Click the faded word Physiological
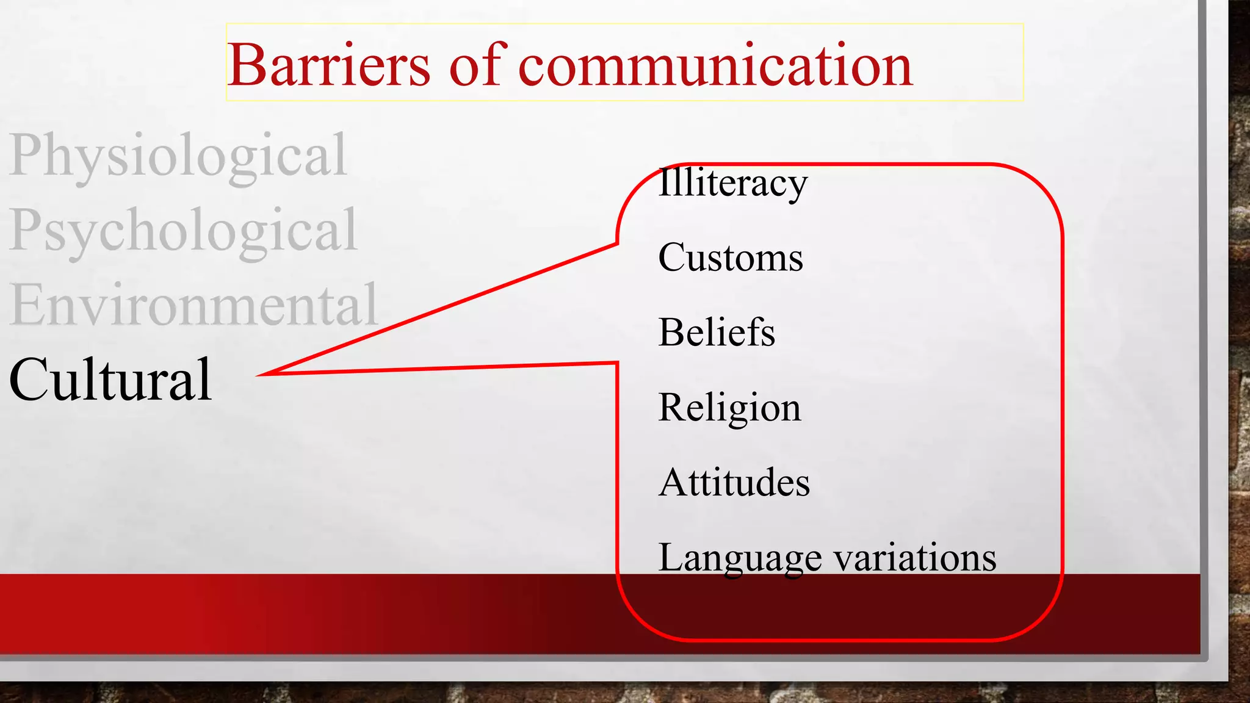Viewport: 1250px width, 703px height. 178,156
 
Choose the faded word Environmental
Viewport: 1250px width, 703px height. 193,305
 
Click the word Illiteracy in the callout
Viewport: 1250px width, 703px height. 732,182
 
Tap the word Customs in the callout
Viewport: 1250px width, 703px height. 730,258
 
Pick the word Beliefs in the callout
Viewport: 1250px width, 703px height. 717,333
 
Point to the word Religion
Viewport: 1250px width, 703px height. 729,408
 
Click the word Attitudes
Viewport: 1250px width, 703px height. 734,483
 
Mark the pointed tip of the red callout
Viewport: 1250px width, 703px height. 259,375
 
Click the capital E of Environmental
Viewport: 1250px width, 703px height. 27,305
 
